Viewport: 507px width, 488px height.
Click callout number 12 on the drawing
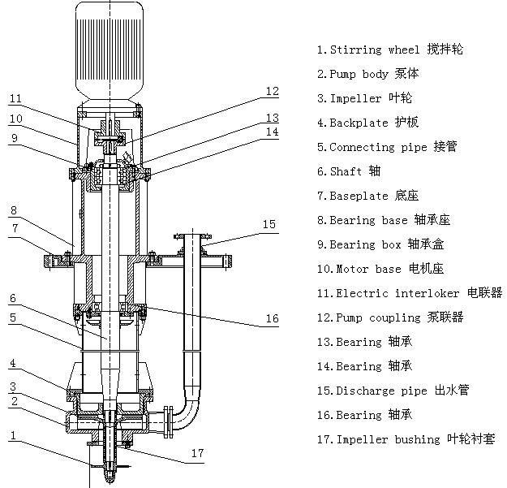272,91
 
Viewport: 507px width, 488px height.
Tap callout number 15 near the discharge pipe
269,223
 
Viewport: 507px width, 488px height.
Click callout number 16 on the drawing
273,319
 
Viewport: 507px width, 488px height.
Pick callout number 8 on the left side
14,209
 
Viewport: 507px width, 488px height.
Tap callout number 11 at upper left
15,99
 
